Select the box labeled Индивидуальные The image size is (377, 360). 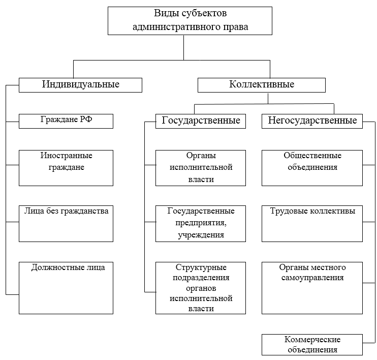pyautogui.click(x=80, y=84)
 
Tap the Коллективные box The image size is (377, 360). pyautogui.click(x=261, y=84)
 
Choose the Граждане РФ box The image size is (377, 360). pyautogui.click(x=66, y=121)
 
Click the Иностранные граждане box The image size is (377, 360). pyautogui.click(x=66, y=168)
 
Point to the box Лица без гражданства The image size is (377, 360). pyautogui.click(x=66, y=223)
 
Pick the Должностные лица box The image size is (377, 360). pyautogui.click(x=66, y=288)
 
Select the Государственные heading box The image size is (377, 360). pyautogui.click(x=200, y=121)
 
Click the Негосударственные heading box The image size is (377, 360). pyautogui.click(x=312, y=121)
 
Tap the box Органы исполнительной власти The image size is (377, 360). pyautogui.click(x=200, y=168)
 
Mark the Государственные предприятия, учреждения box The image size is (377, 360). pyautogui.click(x=200, y=223)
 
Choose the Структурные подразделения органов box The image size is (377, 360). pyautogui.click(x=200, y=288)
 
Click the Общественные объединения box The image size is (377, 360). pyautogui.click(x=312, y=168)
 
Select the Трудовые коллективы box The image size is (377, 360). pyautogui.click(x=312, y=223)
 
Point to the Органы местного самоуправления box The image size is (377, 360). pyautogui.click(x=312, y=288)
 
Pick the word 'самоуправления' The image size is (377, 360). pyautogui.click(x=312, y=278)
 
